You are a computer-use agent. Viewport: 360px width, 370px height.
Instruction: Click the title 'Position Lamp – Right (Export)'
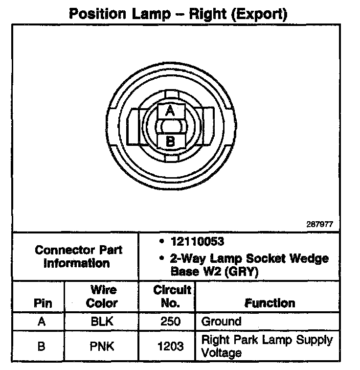(178, 13)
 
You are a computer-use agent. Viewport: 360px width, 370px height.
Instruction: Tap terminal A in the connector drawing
(170, 111)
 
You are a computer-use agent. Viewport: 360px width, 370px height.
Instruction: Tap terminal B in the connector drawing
(170, 141)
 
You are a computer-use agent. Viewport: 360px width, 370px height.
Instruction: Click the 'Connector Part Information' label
(79, 256)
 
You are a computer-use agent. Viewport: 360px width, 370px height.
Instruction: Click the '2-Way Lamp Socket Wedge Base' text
(249, 258)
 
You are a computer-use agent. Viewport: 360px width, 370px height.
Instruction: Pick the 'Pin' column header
(43, 303)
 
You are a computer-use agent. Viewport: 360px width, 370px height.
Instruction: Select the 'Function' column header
(270, 303)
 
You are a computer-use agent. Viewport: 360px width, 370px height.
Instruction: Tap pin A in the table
(43, 322)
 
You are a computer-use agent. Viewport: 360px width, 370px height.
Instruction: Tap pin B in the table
(43, 346)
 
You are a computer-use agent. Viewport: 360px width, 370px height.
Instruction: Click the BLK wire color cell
(101, 322)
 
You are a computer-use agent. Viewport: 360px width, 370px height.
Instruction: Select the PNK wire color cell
(101, 346)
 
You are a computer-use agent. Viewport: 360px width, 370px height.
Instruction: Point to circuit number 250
(170, 322)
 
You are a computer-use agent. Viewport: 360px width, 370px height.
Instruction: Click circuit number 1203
(170, 346)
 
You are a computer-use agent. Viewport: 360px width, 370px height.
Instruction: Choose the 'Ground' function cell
(221, 322)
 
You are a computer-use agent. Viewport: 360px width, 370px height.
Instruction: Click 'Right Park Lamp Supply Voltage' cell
(267, 346)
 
